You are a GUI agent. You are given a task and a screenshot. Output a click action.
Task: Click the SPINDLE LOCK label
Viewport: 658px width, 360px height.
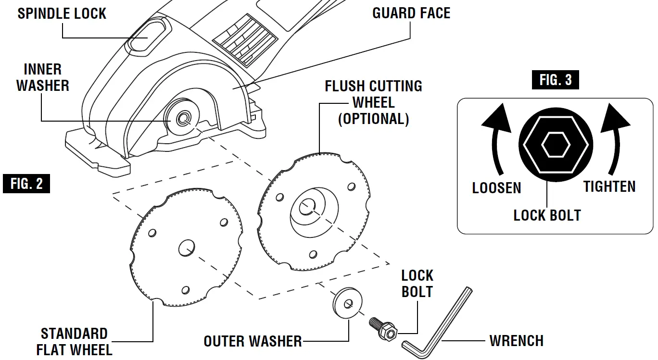62,13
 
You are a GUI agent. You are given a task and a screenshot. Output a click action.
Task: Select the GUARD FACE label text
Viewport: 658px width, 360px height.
411,13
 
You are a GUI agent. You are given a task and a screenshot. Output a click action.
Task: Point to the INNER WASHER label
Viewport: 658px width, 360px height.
43,77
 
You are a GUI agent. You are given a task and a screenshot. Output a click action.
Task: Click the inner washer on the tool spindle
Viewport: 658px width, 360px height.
183,118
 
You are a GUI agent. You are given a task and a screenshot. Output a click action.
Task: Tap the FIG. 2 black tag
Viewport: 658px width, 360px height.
26,184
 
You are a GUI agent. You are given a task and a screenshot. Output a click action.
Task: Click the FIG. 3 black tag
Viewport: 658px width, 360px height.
556,80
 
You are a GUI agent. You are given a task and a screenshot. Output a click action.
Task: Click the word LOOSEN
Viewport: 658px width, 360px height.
496,187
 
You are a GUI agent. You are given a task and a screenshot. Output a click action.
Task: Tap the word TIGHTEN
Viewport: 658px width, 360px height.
609,186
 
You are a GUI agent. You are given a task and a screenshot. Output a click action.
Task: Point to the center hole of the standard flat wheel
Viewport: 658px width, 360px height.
186,248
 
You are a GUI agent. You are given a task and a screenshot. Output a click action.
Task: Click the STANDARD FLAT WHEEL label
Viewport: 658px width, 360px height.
74,341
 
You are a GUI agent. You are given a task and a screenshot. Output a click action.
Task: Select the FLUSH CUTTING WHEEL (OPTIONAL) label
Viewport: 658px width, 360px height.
373,102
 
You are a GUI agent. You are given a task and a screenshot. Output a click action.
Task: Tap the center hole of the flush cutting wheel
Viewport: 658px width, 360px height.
306,208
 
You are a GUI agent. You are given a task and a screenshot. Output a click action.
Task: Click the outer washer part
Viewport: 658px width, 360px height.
347,302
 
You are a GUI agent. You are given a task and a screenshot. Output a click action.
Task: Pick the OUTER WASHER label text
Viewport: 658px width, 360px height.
253,341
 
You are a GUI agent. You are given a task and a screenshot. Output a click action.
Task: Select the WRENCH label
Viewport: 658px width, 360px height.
516,341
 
